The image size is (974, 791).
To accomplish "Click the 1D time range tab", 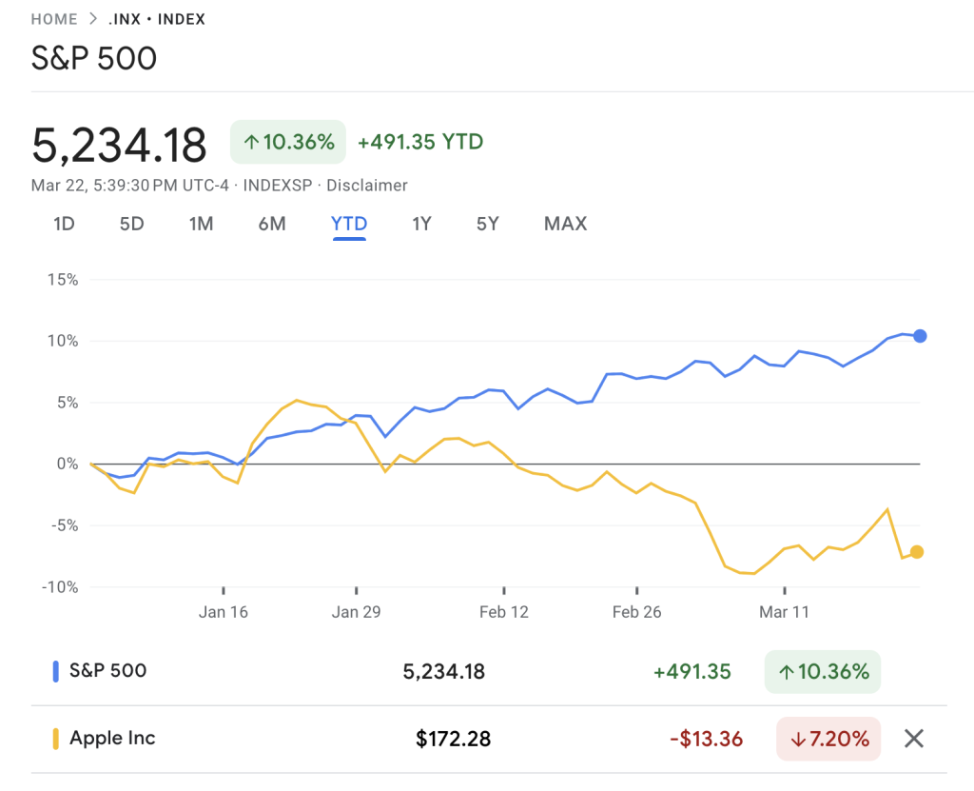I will click(x=64, y=224).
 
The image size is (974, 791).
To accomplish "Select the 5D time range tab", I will click(x=131, y=224).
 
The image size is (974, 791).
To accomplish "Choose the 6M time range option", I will click(x=272, y=224).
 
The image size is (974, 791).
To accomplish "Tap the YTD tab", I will click(x=349, y=224).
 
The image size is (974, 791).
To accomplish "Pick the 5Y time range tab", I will click(x=487, y=224).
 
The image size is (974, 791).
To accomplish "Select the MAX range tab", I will click(x=565, y=224).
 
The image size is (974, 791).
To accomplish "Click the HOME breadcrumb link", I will click(x=54, y=19).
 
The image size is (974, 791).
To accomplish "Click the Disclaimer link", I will click(x=367, y=186).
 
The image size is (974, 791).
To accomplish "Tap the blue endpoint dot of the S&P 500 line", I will click(x=920, y=336).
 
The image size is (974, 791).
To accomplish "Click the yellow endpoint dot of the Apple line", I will click(x=917, y=552).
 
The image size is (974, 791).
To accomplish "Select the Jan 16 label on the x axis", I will click(x=224, y=612).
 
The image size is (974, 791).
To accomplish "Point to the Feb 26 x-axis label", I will click(x=637, y=612).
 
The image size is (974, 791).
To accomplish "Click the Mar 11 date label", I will click(x=784, y=612).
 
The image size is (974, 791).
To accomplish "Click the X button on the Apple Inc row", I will click(x=914, y=738).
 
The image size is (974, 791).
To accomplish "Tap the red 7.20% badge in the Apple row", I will click(x=828, y=738).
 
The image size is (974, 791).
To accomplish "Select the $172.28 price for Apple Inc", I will click(x=453, y=738).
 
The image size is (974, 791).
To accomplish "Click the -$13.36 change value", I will click(x=705, y=738).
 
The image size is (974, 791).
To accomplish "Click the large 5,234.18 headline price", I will click(x=119, y=146).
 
